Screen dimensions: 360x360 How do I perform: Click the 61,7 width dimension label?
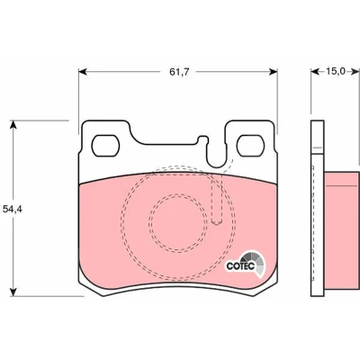[179, 72]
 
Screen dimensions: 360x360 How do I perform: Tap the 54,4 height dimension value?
[13, 209]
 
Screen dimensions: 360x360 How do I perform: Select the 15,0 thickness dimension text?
[336, 71]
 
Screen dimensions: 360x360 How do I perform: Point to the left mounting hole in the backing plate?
[105, 146]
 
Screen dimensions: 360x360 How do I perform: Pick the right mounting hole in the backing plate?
[250, 146]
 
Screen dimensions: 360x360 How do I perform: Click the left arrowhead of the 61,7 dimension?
[83, 72]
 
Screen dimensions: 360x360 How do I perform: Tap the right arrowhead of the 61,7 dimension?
[274, 72]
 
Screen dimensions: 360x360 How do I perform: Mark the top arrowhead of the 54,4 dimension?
[13, 124]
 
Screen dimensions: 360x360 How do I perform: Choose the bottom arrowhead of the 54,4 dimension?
[13, 292]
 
